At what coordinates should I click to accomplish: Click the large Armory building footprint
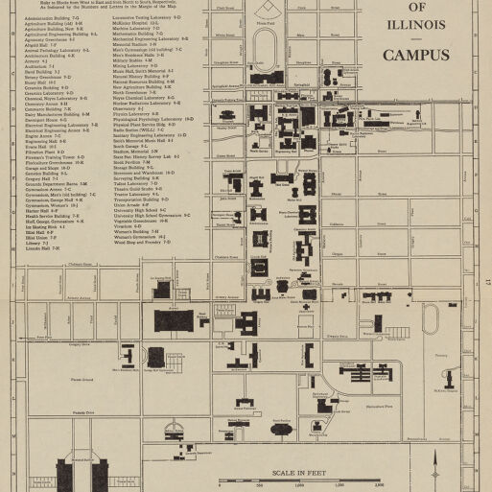(175, 319)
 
